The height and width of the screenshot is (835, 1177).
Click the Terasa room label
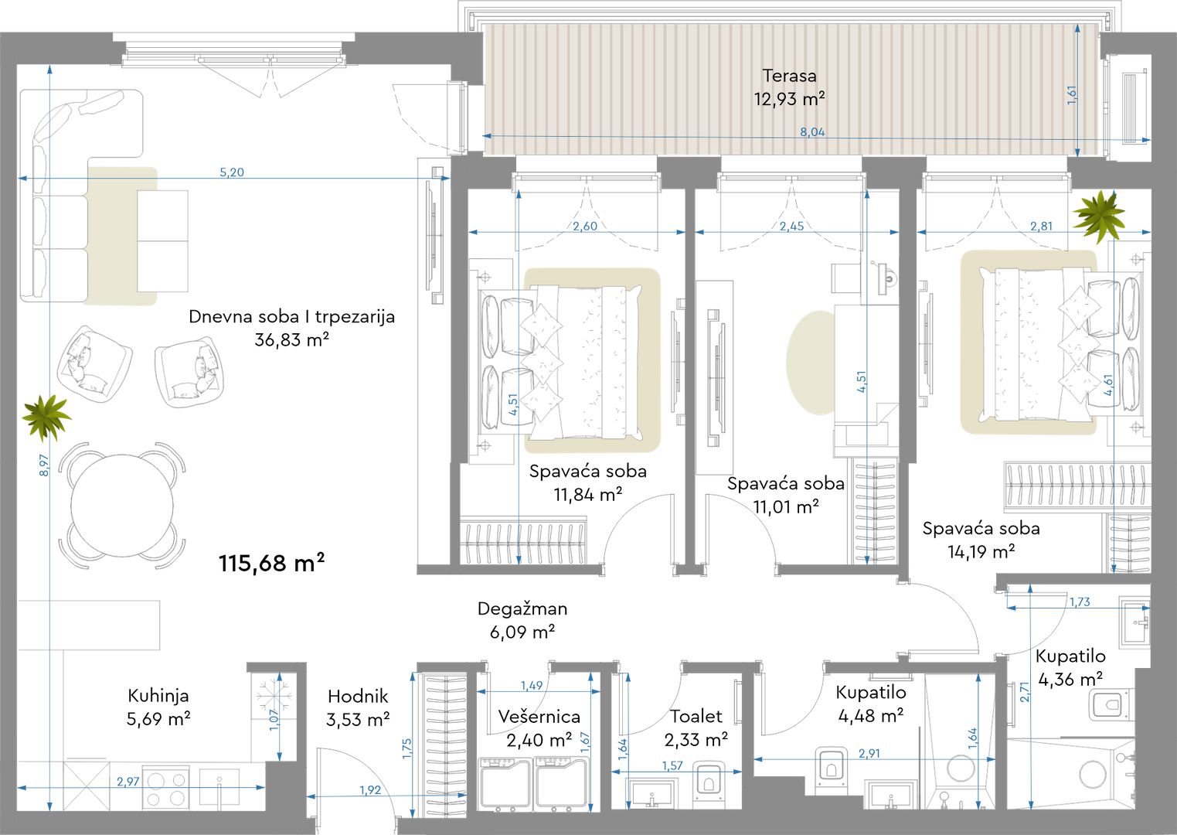[x=789, y=76]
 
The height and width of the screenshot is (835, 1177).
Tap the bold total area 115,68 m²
[x=272, y=563]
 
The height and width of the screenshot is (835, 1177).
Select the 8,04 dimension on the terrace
[x=812, y=132]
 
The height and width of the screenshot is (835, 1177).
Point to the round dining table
[x=122, y=506]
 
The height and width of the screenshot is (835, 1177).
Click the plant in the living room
[x=46, y=417]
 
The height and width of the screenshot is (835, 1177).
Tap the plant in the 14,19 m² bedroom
[x=1099, y=216]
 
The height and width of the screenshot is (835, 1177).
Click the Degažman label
[x=522, y=609]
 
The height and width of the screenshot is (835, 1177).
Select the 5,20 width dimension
[x=232, y=172]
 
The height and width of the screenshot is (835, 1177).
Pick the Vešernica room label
[x=539, y=716]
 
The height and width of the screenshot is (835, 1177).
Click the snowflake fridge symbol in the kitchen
[x=274, y=697]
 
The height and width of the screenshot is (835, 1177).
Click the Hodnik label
[x=358, y=696]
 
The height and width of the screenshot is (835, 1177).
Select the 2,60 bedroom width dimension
[x=585, y=226]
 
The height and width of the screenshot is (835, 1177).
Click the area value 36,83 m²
[x=291, y=339]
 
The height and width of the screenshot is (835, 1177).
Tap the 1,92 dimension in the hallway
[x=370, y=790]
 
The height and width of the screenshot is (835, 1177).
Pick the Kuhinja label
[x=158, y=696]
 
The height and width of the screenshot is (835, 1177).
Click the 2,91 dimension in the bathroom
[x=869, y=753]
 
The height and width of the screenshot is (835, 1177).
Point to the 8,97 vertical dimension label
[x=44, y=465]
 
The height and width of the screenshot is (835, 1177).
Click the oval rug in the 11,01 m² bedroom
[x=811, y=363]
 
